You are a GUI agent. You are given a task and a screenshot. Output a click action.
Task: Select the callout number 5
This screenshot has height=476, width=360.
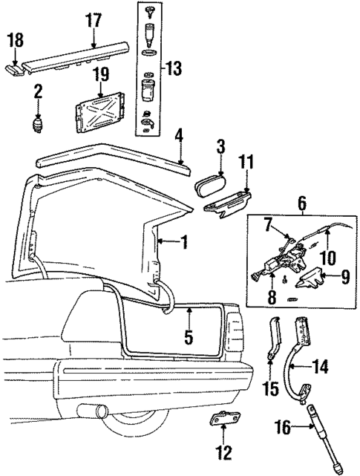click(189, 336)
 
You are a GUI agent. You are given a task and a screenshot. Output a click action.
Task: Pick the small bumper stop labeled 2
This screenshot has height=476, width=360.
click(36, 123)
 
